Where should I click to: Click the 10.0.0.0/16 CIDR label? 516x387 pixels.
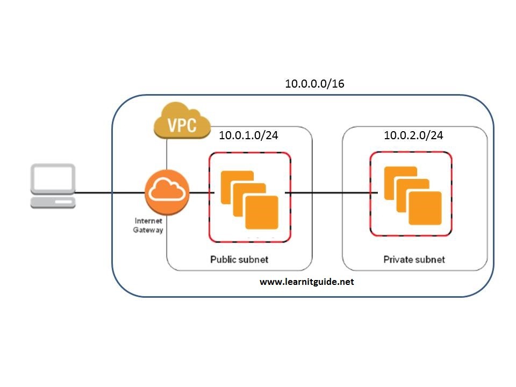click(314, 84)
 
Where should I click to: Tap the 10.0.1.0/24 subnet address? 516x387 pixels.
click(248, 135)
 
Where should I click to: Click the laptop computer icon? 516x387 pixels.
click(53, 187)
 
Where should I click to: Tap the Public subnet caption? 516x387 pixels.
click(239, 260)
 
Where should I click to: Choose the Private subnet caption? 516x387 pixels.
click(414, 260)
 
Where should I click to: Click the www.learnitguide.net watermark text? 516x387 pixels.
click(307, 282)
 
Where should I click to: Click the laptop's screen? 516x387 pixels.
click(53, 179)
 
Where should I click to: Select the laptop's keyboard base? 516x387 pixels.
click(53, 202)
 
